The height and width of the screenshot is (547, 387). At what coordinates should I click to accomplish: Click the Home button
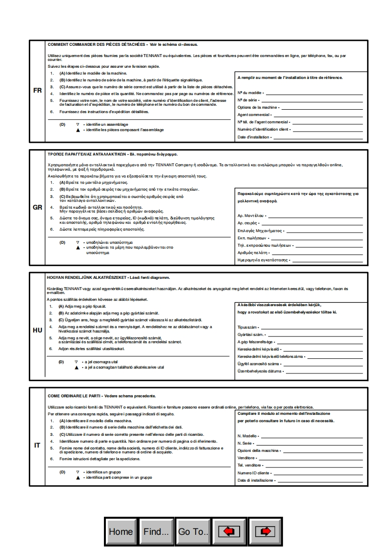pyautogui.click(x=121, y=531)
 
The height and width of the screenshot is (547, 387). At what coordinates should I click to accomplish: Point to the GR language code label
pyautogui.click(x=37, y=207)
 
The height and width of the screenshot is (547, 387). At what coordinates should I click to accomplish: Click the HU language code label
pyautogui.click(x=37, y=330)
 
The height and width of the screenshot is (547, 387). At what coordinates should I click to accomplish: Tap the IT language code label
pyautogui.click(x=37, y=445)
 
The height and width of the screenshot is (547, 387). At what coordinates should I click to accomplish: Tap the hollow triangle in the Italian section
pyautogui.click(x=77, y=472)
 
